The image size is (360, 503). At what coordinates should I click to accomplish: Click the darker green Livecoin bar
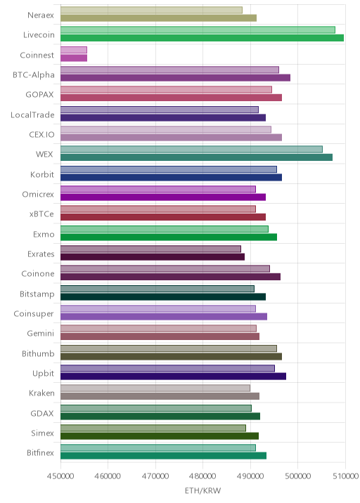[x=202, y=38]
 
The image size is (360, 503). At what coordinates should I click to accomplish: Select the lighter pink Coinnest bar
[x=74, y=50]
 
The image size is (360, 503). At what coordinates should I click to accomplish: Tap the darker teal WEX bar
[x=197, y=157]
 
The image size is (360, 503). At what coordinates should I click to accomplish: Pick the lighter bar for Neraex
[x=151, y=11]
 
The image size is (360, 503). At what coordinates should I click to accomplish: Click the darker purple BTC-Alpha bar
[x=175, y=78]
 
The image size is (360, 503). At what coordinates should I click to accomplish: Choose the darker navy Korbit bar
[x=171, y=178]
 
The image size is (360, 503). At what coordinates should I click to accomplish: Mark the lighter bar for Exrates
[x=150, y=249]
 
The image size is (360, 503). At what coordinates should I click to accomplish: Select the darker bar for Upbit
[x=173, y=377]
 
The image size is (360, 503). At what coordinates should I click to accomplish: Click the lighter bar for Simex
[x=153, y=429]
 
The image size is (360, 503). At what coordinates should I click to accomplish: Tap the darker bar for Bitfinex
[x=163, y=455]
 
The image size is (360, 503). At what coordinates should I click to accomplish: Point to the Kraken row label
[x=41, y=393]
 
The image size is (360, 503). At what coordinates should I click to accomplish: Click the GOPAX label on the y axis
[x=40, y=95]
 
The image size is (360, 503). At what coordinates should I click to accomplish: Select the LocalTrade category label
[x=32, y=115]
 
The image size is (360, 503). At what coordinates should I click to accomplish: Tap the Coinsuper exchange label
[x=34, y=314]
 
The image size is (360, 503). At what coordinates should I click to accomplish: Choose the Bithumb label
[x=38, y=353]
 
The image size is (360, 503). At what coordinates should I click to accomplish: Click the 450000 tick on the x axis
[x=60, y=476]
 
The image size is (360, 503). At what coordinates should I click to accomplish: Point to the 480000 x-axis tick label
[x=202, y=476]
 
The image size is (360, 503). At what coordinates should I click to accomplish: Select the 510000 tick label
[x=345, y=476]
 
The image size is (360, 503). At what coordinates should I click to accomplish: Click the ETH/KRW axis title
[x=202, y=490]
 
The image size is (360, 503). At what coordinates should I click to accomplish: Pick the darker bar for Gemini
[x=160, y=337]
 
